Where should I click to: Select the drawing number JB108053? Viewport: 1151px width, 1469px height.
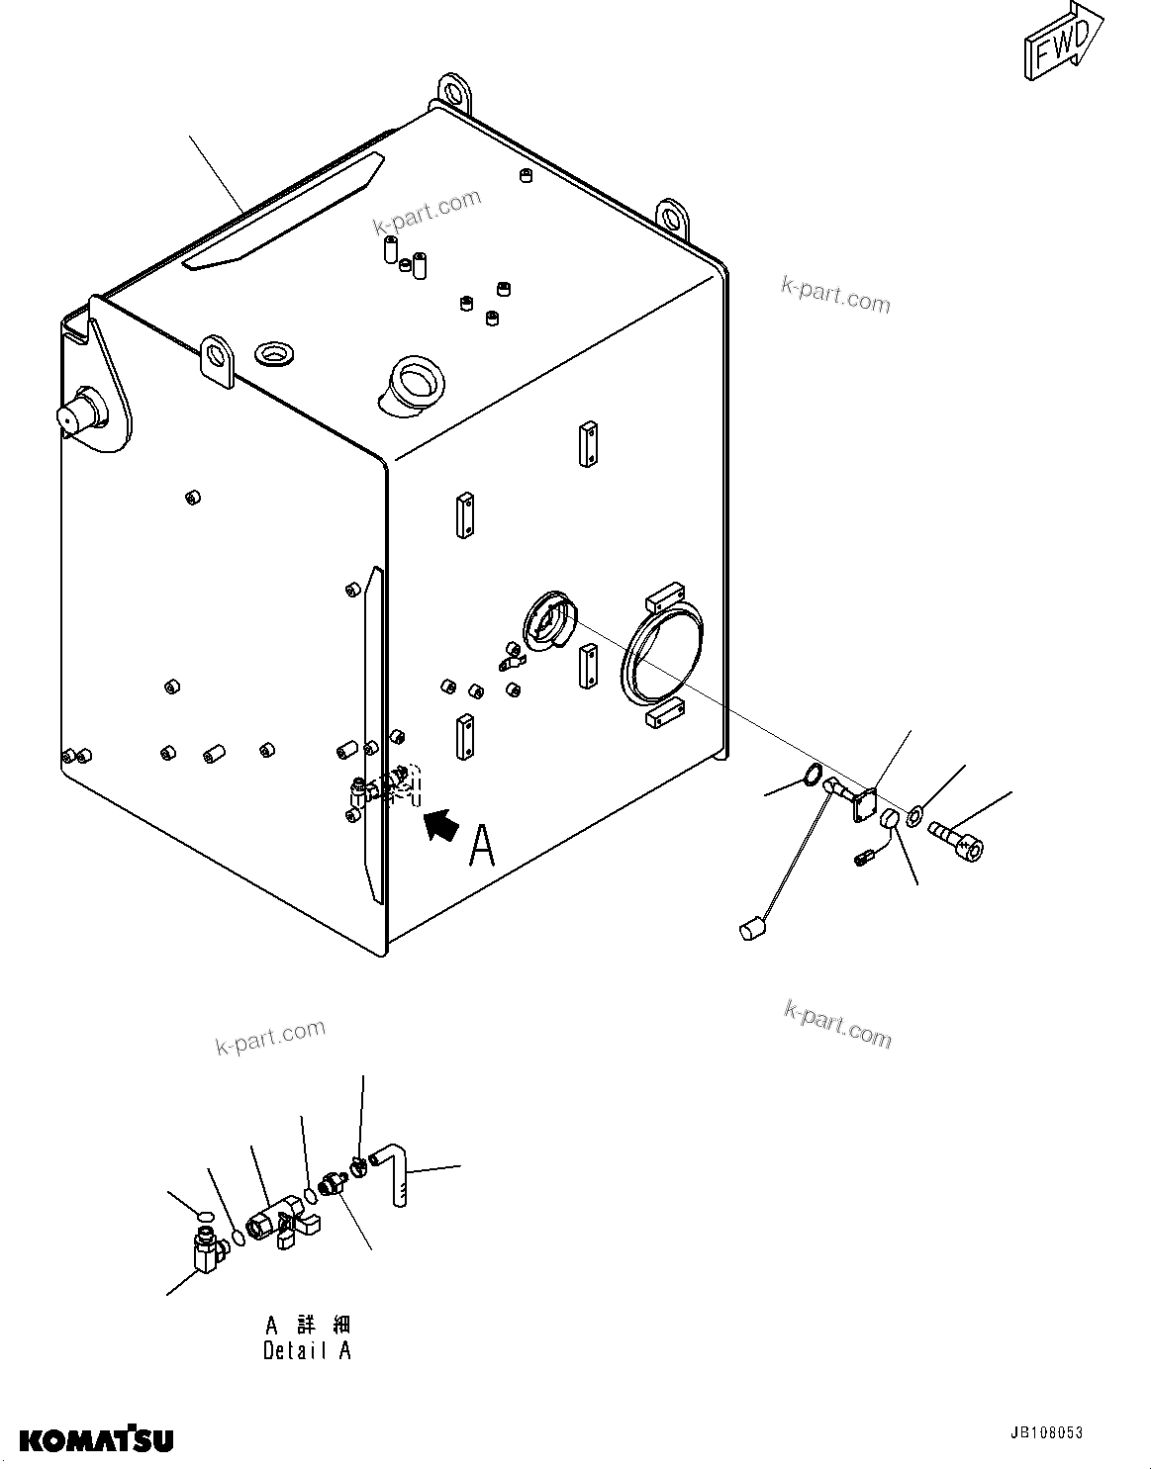click(x=1046, y=1432)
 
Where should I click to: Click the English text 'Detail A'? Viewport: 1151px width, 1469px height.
click(x=307, y=1350)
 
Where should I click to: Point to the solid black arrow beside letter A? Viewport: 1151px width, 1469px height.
click(x=442, y=825)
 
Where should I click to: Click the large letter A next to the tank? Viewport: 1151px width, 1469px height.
click(x=482, y=846)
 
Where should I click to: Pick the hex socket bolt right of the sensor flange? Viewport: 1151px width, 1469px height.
click(x=959, y=843)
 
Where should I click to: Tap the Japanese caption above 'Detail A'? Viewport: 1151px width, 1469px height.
click(x=307, y=1325)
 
